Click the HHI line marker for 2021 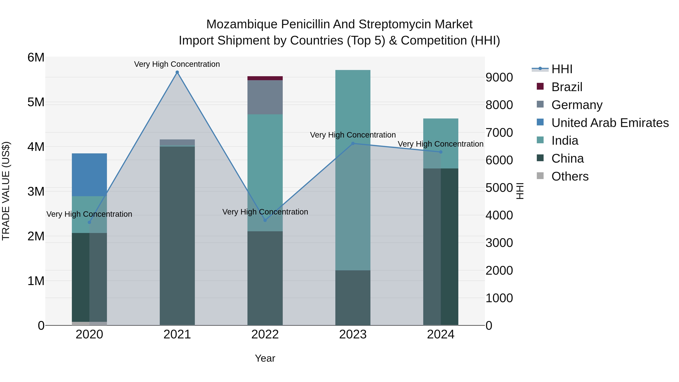click(x=177, y=72)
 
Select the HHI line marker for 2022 click(x=265, y=220)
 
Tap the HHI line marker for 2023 click(x=353, y=143)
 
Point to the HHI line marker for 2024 click(x=441, y=152)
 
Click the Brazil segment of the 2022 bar click(x=265, y=78)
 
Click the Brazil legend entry click(x=567, y=87)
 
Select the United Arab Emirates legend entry click(x=610, y=123)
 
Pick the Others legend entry click(x=570, y=176)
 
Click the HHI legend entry click(x=562, y=69)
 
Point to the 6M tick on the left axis click(x=36, y=58)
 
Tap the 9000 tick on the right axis click(x=499, y=78)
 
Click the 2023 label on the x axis click(x=353, y=334)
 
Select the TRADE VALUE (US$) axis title click(x=6, y=191)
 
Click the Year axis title click(x=265, y=358)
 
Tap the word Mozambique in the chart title click(x=242, y=24)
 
